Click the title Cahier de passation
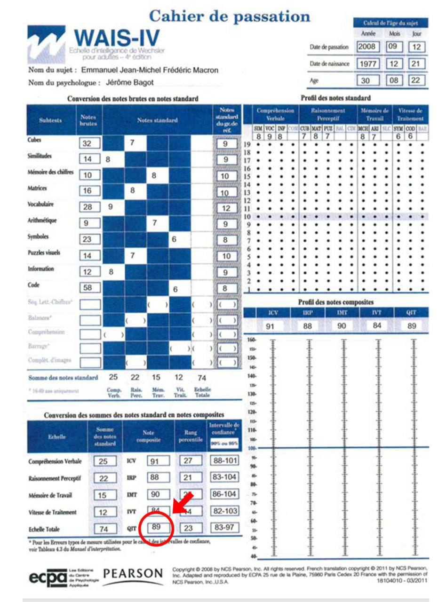click(x=230, y=17)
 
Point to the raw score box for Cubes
click(x=89, y=143)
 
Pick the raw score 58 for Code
click(x=89, y=287)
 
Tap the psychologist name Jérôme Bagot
click(x=129, y=82)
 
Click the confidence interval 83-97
click(x=224, y=528)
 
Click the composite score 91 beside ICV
click(x=158, y=461)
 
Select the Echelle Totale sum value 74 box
click(x=104, y=528)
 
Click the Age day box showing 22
click(x=417, y=80)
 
